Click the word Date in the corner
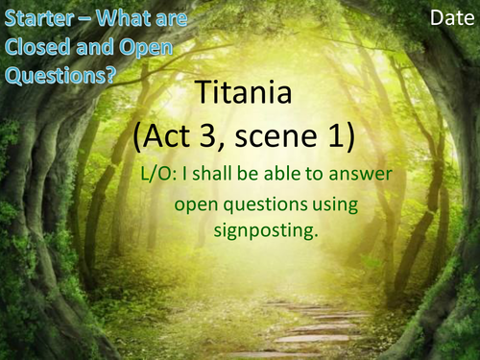[449, 18]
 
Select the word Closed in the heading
[34, 48]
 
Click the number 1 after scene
[343, 134]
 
